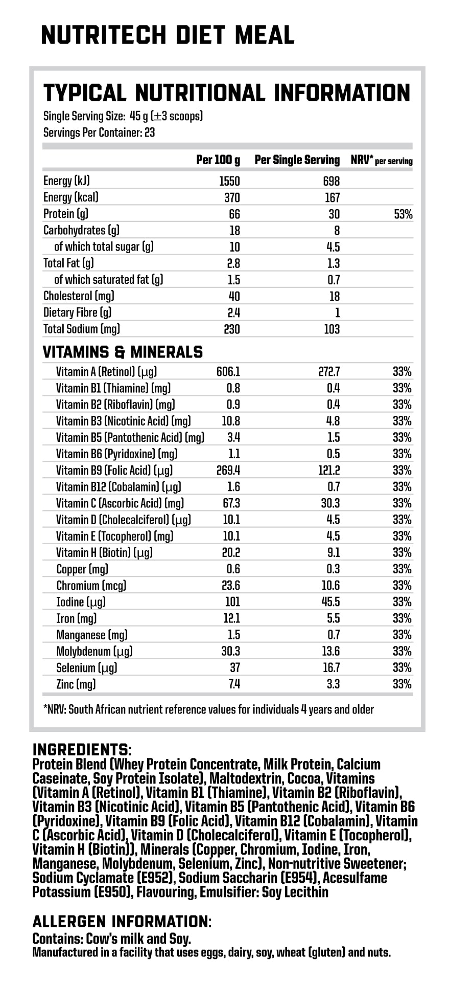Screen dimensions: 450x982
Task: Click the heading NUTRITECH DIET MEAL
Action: pos(168,35)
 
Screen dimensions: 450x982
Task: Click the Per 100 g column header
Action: pos(218,160)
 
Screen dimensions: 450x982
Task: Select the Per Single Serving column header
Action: pos(297,160)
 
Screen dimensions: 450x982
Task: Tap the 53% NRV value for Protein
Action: pos(403,214)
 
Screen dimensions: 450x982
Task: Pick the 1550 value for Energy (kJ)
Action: pos(229,181)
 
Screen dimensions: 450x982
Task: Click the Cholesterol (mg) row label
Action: pos(79,296)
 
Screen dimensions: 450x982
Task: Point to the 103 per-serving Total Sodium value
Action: pos(331,329)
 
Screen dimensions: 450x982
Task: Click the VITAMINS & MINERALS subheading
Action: pos(123,352)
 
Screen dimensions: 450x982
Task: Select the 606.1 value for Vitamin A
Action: pos(228,372)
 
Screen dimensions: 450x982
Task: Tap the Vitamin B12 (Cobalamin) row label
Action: pos(119,487)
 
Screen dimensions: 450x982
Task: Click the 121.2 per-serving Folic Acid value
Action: pos(329,471)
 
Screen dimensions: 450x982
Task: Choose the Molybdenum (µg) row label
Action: pos(94,652)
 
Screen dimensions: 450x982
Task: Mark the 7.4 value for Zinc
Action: pos(234,684)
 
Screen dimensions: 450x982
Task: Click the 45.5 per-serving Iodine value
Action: pos(331,602)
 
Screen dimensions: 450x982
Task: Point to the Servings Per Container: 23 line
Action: pos(99,133)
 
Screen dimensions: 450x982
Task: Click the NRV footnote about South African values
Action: pos(209,710)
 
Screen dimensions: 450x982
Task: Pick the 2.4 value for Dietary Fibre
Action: pos(234,313)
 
